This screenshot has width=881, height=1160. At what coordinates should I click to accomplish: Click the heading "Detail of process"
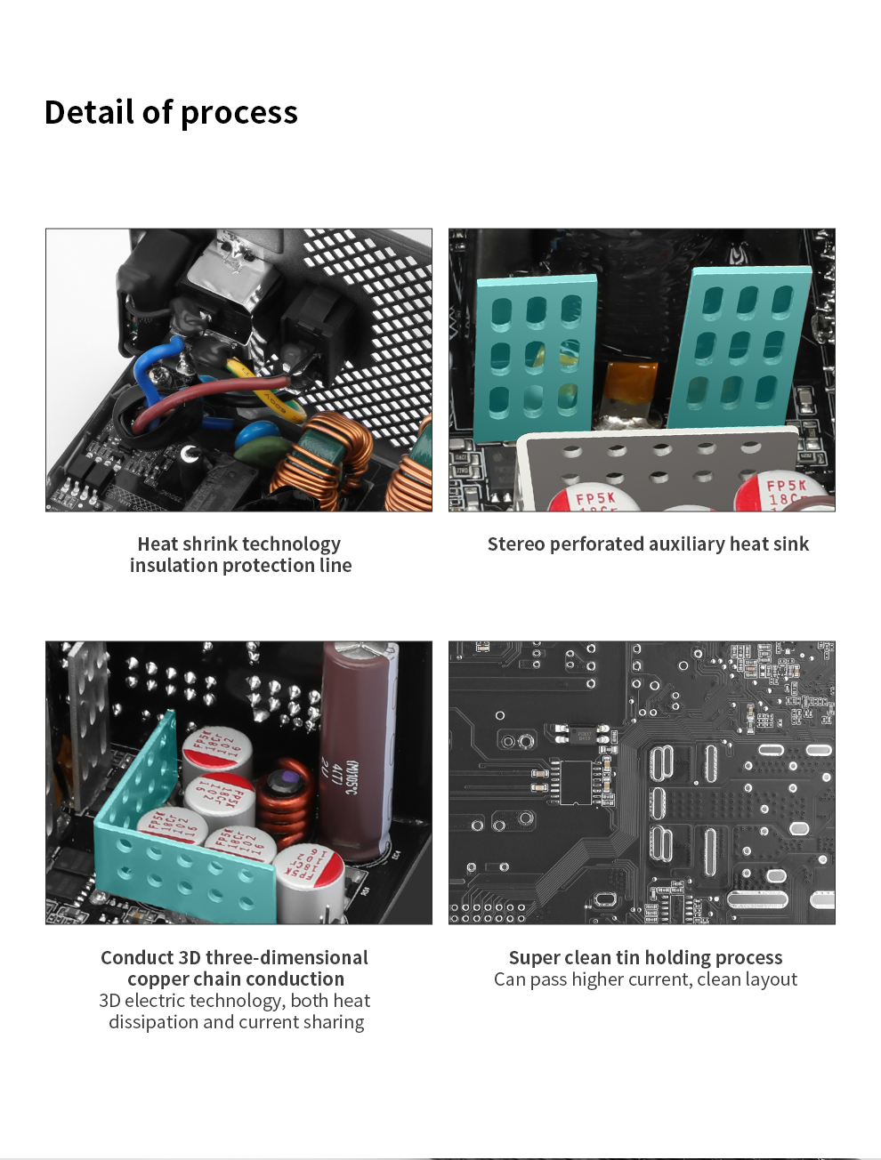pos(171,113)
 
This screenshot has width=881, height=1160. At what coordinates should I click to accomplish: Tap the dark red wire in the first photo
pos(222,391)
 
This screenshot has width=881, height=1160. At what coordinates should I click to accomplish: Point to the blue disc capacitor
pos(257,439)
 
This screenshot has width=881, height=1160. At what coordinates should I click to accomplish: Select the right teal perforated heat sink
pos(739,347)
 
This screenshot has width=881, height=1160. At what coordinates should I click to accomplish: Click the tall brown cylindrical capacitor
pos(354,756)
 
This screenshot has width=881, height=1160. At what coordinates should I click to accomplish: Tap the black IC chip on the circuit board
pos(576,781)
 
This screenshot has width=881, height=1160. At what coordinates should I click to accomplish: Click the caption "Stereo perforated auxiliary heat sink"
pos(648,544)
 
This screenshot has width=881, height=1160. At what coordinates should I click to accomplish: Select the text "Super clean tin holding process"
pos(645,958)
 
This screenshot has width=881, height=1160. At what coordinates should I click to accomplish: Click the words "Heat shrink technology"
pos(238,544)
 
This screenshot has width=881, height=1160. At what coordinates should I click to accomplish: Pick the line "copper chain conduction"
pos(235,979)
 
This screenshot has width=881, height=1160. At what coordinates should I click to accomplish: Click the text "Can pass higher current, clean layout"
pos(645,979)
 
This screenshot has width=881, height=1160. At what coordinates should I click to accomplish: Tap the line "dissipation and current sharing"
pos(236,1022)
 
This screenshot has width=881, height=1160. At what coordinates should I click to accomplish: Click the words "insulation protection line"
pos(240,566)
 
